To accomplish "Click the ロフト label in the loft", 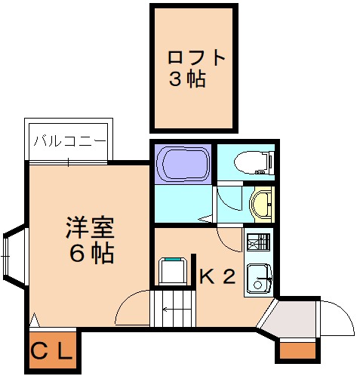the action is (196, 57).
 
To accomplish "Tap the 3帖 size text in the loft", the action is (187, 79).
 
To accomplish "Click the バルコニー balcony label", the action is (69, 141).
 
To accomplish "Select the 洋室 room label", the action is (91, 227).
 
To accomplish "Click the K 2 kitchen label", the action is (217, 276).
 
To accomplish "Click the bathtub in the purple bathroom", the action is (183, 163).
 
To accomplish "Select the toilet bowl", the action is (254, 162).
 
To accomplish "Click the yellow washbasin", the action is (261, 204).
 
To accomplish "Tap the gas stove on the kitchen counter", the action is (258, 242).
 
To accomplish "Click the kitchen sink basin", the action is (259, 279).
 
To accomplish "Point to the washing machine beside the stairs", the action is (173, 271).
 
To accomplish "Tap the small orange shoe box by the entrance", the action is (297, 350).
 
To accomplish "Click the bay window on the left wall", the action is (14, 256).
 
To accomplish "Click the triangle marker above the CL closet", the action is (35, 319).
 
